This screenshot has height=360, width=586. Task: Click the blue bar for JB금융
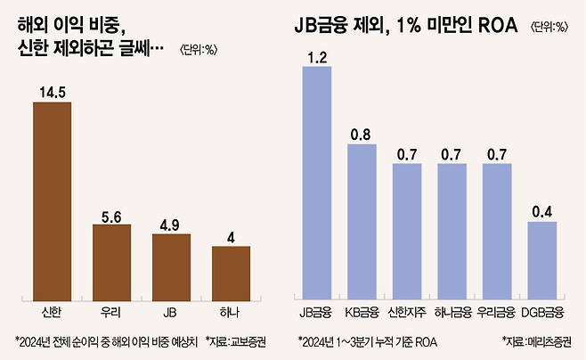pos(316,181)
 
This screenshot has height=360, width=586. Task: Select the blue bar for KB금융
pos(362,219)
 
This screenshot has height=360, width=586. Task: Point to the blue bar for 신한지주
pos(406,229)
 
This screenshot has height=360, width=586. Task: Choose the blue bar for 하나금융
pos(452,229)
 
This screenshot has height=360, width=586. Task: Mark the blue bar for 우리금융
pos(496,229)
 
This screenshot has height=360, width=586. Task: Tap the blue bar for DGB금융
pos(541,258)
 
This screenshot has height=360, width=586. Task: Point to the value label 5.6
pos(111,214)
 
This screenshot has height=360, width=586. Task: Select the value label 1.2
pos(316,58)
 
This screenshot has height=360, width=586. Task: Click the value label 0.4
pos(541,211)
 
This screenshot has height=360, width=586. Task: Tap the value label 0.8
pos(362,134)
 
